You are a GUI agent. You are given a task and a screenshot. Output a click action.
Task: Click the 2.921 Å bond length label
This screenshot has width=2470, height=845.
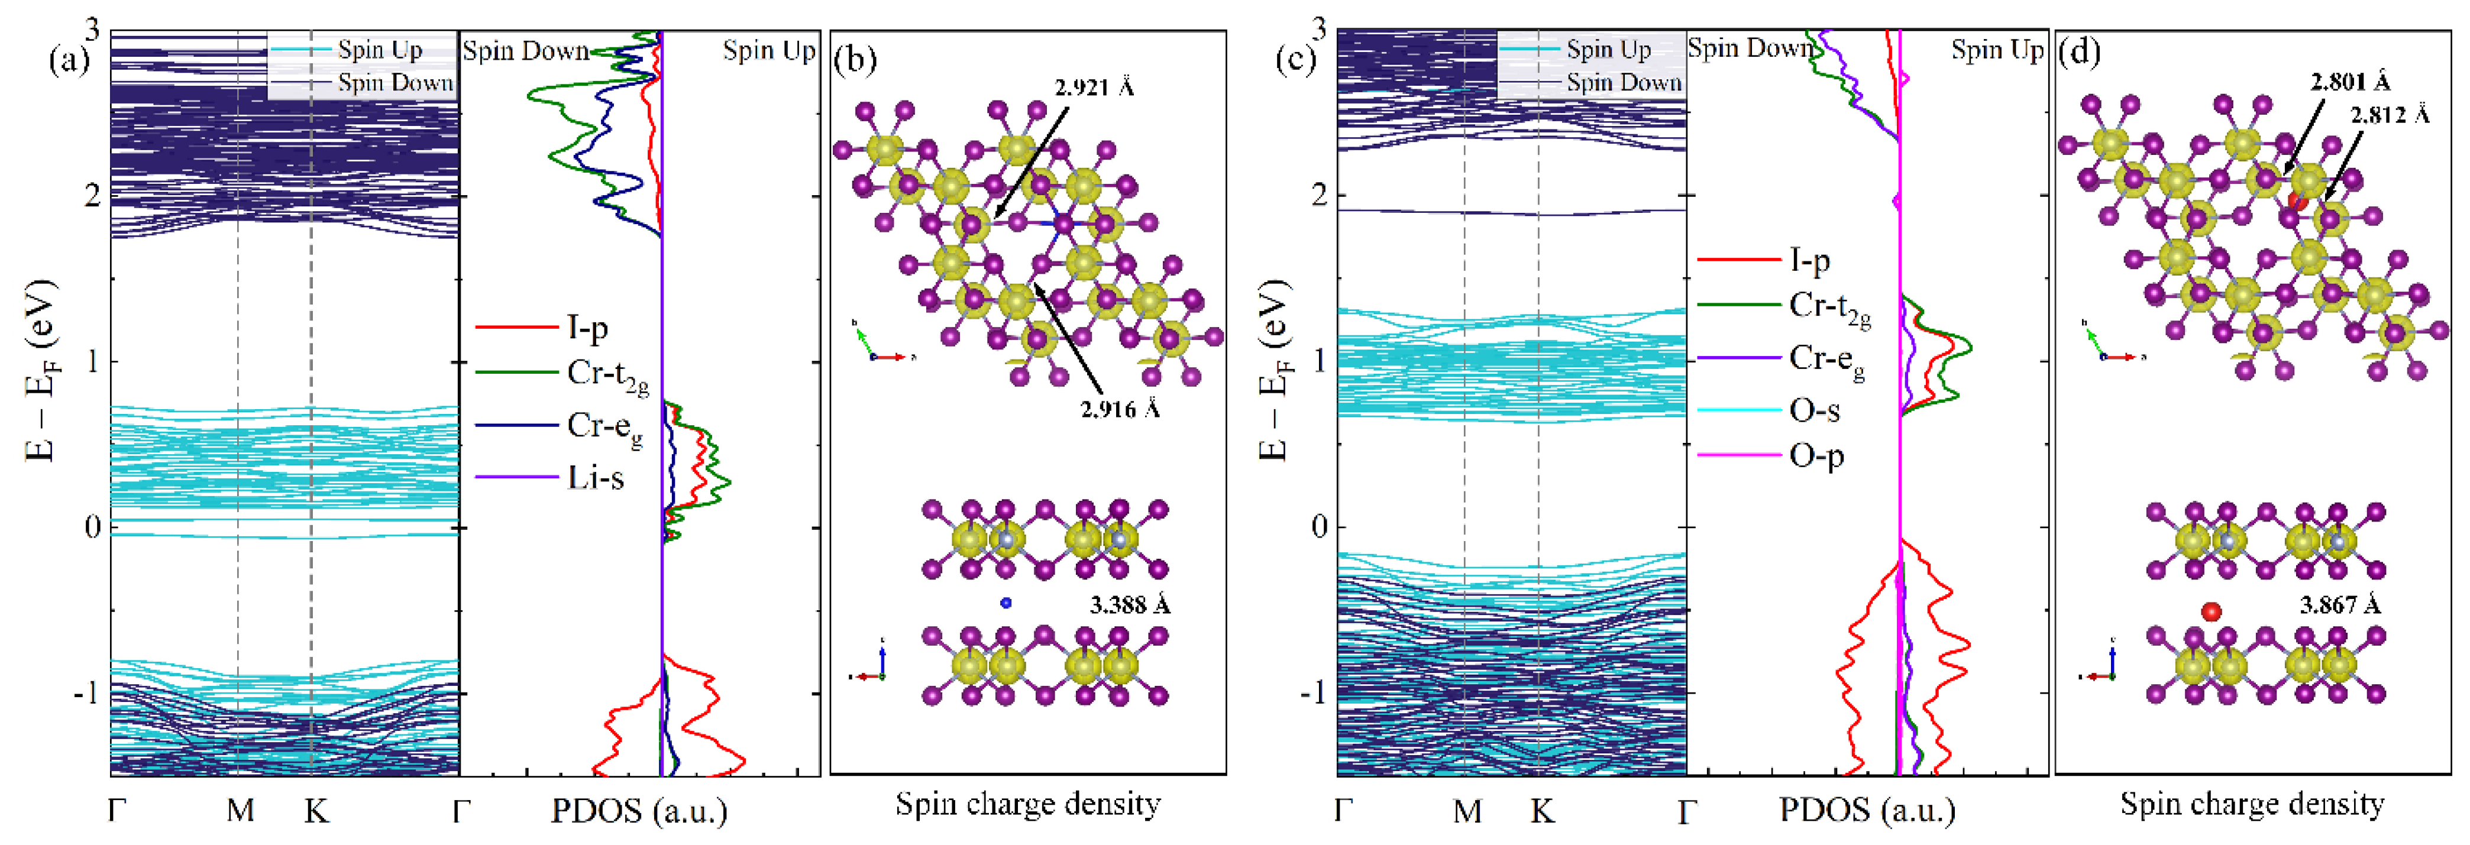1094,88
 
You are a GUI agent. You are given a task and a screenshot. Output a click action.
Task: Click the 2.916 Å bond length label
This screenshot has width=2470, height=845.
1120,410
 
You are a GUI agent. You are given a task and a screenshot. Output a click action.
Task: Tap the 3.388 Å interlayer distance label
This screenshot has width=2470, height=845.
1130,605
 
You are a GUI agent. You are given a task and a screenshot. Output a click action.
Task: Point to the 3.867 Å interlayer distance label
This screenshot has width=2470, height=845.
2340,605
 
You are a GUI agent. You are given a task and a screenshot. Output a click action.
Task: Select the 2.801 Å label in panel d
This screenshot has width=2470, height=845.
2350,82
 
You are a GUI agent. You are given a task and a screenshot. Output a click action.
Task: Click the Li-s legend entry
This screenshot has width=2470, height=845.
594,477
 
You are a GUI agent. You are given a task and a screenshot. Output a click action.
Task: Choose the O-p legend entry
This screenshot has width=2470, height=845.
1816,455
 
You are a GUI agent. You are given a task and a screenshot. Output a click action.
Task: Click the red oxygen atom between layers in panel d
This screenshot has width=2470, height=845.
2211,611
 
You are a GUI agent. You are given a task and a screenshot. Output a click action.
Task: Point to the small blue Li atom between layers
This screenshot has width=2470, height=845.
1006,603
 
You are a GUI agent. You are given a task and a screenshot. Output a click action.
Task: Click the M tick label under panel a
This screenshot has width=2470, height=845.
240,811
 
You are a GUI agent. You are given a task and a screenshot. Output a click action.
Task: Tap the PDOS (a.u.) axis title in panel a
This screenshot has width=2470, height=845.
639,811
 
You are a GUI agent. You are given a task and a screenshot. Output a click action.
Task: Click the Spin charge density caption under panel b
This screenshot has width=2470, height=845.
1028,804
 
